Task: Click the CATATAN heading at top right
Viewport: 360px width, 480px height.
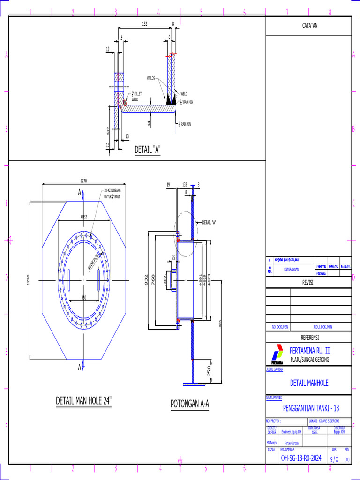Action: point(309,25)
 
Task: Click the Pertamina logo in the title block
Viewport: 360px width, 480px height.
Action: point(277,354)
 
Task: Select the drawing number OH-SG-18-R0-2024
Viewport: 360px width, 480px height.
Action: point(301,458)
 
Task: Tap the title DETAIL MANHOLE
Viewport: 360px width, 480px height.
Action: point(309,383)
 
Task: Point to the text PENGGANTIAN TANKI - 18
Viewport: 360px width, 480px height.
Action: point(308,408)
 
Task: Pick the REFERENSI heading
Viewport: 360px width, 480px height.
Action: point(309,337)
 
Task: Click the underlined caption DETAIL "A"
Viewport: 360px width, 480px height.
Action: point(148,150)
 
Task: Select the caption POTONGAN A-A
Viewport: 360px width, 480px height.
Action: point(189,404)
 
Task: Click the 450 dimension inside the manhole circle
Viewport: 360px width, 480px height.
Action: point(83,297)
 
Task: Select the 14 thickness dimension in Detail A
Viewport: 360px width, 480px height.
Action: point(149,123)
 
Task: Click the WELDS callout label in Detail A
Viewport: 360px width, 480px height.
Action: point(150,78)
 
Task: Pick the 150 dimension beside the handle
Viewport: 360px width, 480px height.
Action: point(165,280)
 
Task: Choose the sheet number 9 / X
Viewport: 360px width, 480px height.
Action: point(334,459)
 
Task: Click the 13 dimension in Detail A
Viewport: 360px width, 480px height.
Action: point(127,136)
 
